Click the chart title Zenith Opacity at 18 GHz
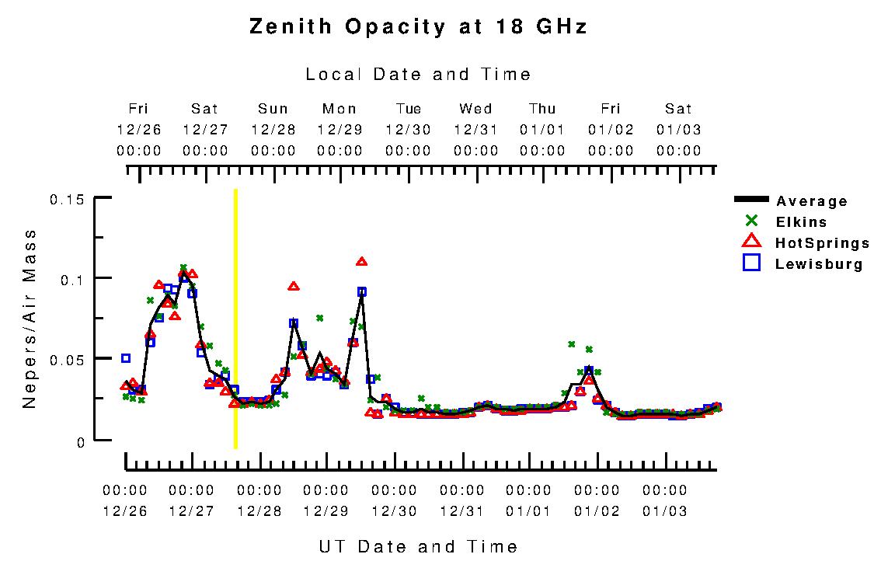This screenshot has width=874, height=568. [418, 27]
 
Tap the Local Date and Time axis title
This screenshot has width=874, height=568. [418, 75]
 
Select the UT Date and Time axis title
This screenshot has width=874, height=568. [418, 546]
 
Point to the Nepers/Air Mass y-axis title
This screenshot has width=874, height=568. [30, 319]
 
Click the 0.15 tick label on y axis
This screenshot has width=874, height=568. [66, 200]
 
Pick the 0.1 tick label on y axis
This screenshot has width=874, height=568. [71, 279]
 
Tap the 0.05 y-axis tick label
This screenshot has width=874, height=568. [66, 359]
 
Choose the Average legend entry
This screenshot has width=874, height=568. [811, 201]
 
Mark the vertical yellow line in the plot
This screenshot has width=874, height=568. [235, 319]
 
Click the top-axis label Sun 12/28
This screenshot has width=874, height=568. [273, 129]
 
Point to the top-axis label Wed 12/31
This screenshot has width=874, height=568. [475, 129]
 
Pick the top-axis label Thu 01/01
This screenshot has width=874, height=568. [543, 129]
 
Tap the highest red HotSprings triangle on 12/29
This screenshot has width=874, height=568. [361, 262]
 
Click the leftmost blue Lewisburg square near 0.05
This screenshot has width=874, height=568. [126, 358]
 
